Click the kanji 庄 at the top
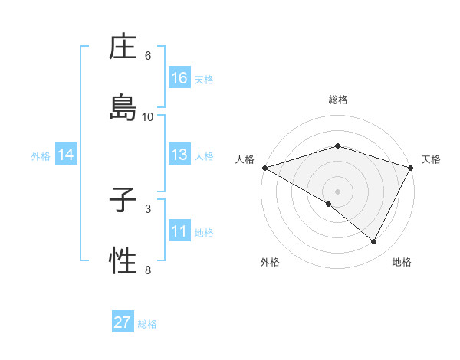pyautogui.click(x=123, y=49)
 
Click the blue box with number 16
pyautogui.click(x=179, y=78)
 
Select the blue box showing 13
pyautogui.click(x=179, y=155)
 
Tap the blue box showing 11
pyautogui.click(x=179, y=231)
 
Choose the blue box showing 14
pyautogui.click(x=66, y=155)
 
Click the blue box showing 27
pyautogui.click(x=123, y=322)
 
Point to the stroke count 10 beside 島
pyautogui.click(x=148, y=116)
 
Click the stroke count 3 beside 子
pyautogui.click(x=148, y=208)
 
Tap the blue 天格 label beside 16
pyautogui.click(x=204, y=79)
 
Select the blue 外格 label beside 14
pyautogui.click(x=41, y=155)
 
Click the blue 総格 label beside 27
pyautogui.click(x=147, y=323)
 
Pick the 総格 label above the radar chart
pyautogui.click(x=338, y=100)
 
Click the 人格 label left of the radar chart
pyautogui.click(x=245, y=159)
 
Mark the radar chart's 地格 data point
pyautogui.click(x=374, y=242)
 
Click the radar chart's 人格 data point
pyautogui.click(x=264, y=167)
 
